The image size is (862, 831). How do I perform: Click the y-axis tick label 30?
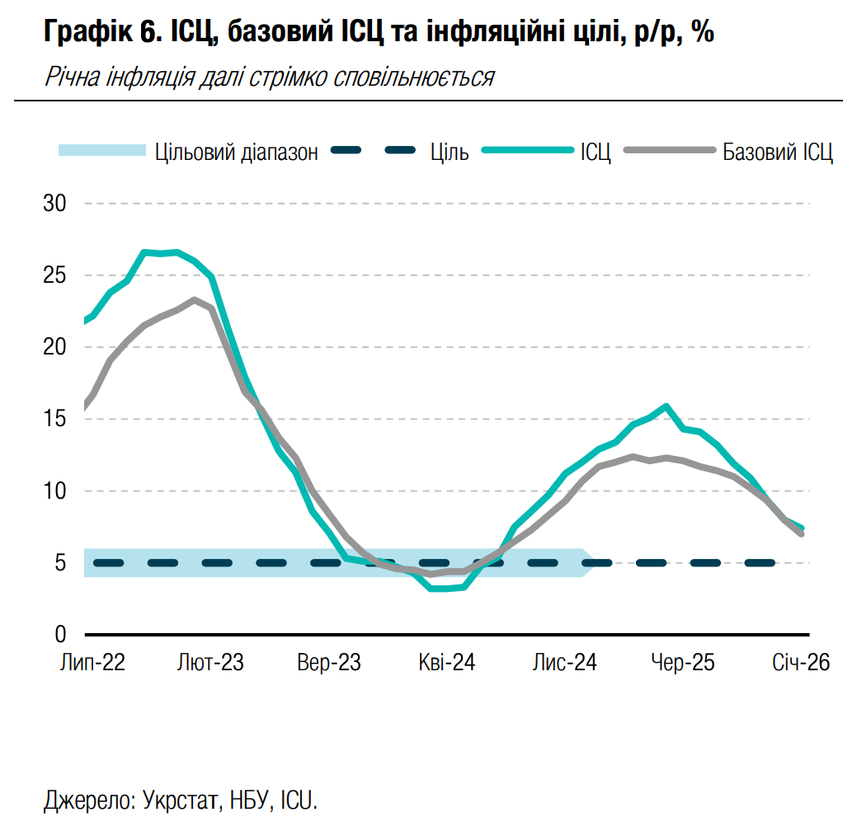pyautogui.click(x=54, y=203)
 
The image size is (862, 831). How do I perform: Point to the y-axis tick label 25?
pyautogui.click(x=54, y=275)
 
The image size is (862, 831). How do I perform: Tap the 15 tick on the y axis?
pyautogui.click(x=54, y=419)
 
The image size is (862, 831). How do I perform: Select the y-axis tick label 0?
pyautogui.click(x=60, y=635)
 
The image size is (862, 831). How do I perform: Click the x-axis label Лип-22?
pyautogui.click(x=92, y=663)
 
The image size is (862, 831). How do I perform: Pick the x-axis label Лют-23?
pyautogui.click(x=210, y=663)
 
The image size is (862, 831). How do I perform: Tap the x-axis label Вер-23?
pyautogui.click(x=329, y=663)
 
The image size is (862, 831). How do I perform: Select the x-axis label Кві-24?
pyautogui.click(x=447, y=663)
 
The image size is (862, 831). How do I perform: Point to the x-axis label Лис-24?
pyautogui.click(x=565, y=663)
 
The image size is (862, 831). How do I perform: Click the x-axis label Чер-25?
pyautogui.click(x=683, y=663)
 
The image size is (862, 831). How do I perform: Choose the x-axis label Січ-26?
pyautogui.click(x=800, y=663)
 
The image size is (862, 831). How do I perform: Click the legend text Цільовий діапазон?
pyautogui.click(x=236, y=152)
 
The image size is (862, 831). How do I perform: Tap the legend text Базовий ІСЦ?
pyautogui.click(x=778, y=152)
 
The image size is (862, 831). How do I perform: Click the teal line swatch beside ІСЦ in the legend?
pyautogui.click(x=526, y=151)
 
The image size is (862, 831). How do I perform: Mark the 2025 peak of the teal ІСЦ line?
pyautogui.click(x=666, y=406)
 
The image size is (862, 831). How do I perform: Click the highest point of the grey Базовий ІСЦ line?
pyautogui.click(x=194, y=300)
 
